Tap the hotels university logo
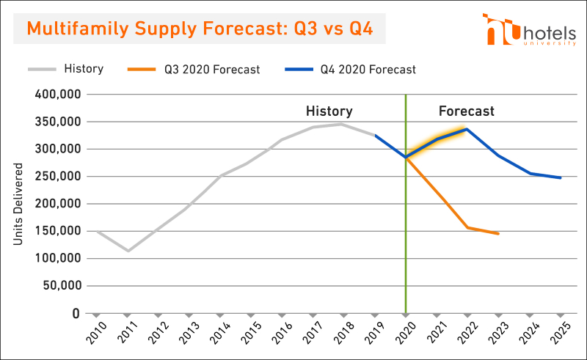[x=529, y=30]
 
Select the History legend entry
[x=66, y=69]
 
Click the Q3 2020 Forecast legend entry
[x=194, y=69]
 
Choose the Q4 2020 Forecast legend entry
[x=351, y=69]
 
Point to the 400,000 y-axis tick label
[x=58, y=95]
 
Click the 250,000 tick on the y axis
[x=58, y=176]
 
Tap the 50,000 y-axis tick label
[x=62, y=285]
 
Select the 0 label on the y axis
[x=76, y=313]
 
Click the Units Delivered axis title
[x=18, y=204]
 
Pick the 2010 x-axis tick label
[x=96, y=332]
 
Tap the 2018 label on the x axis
[x=343, y=332]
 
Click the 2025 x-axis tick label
[x=560, y=332]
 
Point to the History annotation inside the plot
[x=329, y=111]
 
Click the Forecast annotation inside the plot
[x=467, y=111]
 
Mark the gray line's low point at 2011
[x=128, y=251]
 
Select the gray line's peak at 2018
[x=341, y=124]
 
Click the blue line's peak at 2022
[x=467, y=130]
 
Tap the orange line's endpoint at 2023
[x=498, y=234]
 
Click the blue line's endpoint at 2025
[x=561, y=177]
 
